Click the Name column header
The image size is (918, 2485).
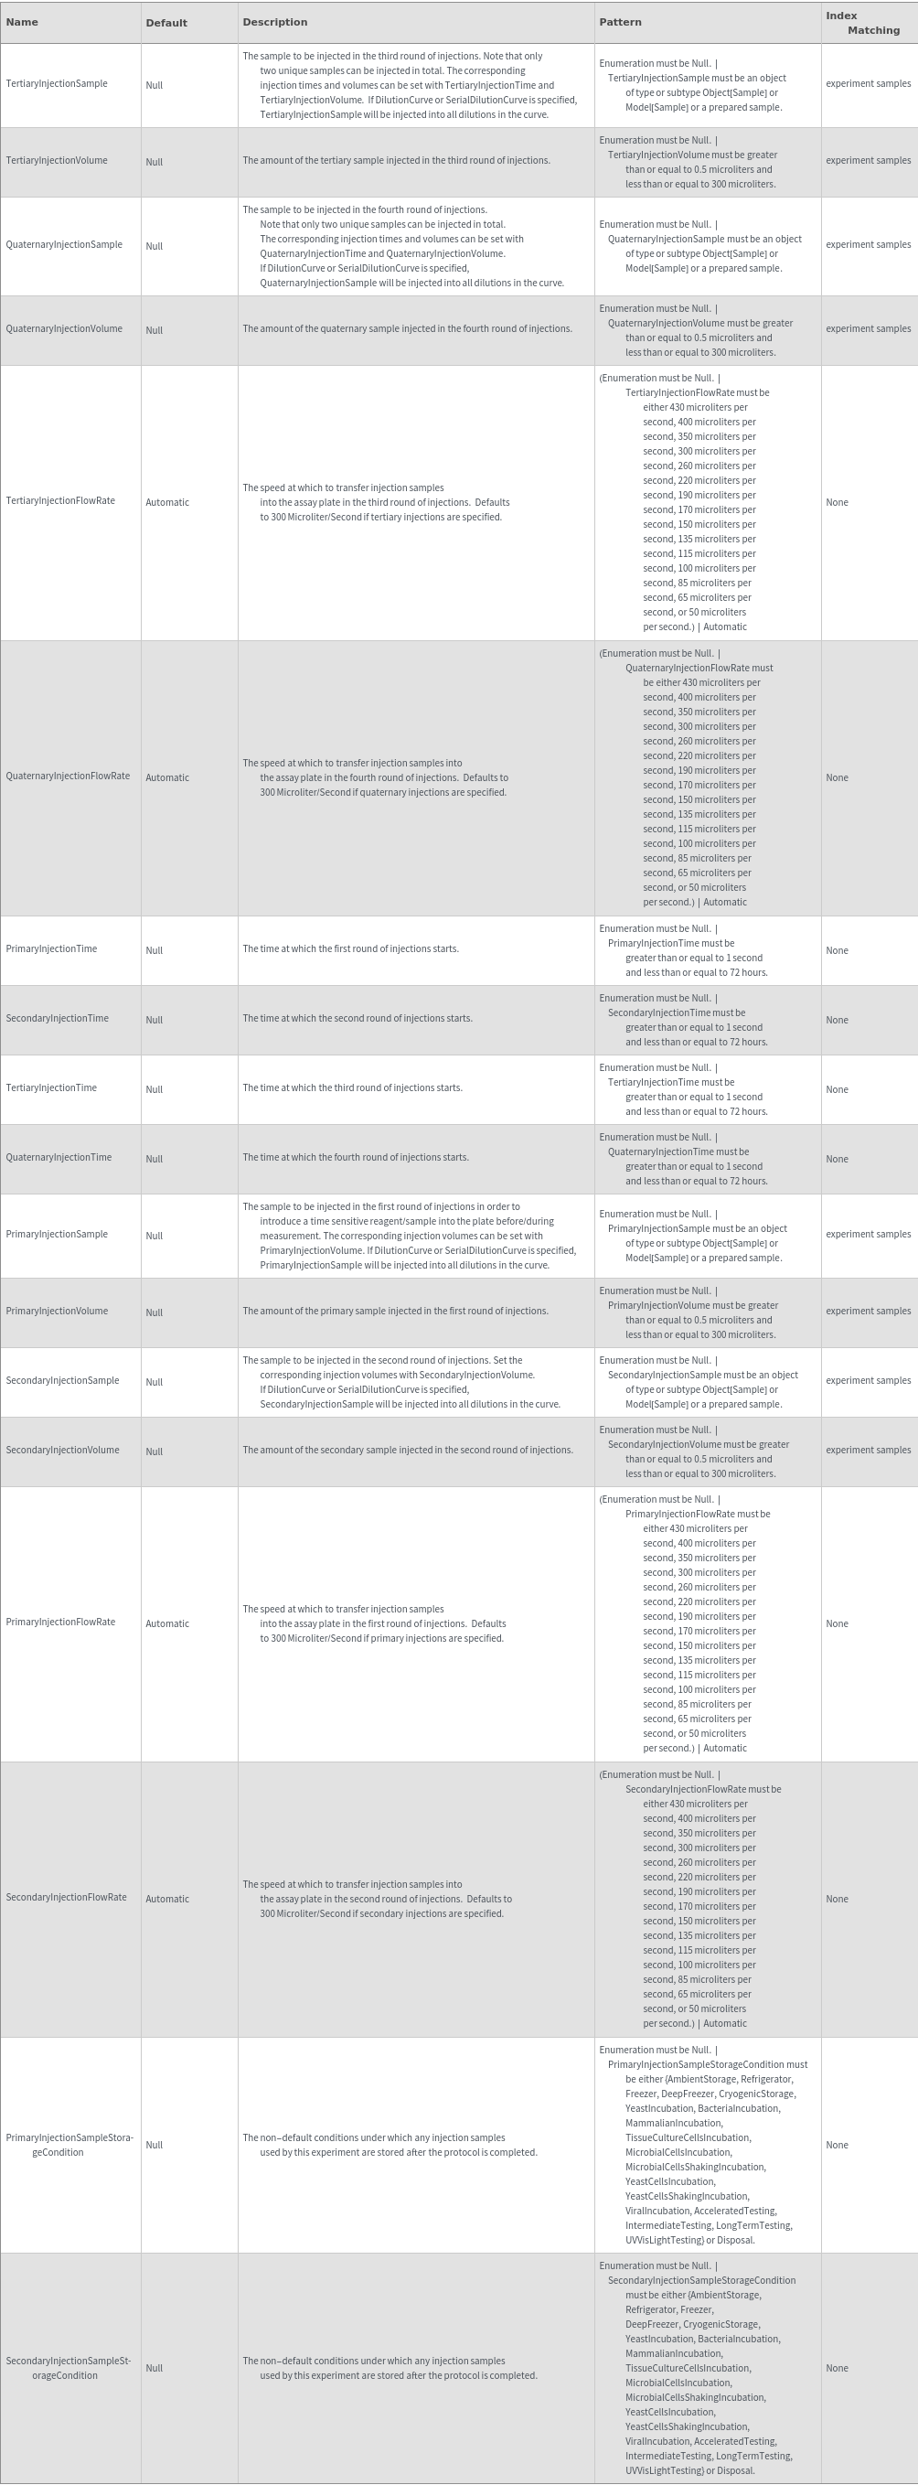point(22,22)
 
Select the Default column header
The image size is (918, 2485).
point(165,23)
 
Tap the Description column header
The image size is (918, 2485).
point(275,22)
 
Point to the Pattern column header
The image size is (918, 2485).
point(620,22)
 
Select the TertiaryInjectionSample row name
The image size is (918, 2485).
point(56,84)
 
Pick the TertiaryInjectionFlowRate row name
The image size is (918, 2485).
point(59,501)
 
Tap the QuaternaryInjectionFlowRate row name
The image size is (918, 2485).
point(68,777)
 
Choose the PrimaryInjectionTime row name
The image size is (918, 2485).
point(51,949)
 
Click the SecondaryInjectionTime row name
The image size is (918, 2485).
point(57,1019)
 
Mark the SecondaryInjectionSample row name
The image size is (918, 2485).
point(61,1381)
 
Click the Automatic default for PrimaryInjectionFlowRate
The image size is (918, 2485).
point(166,1624)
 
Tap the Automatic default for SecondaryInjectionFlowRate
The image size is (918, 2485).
point(166,1900)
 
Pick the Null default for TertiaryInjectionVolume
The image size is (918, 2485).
point(155,162)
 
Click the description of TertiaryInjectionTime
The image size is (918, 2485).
point(352,1088)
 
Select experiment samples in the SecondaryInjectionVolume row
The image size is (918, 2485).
point(868,1451)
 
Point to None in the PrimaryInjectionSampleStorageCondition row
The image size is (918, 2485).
point(837,2146)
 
